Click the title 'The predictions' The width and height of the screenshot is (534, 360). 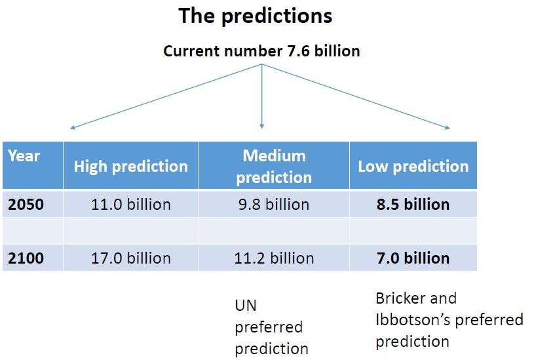tap(255, 16)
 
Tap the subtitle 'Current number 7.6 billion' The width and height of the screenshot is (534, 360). tap(261, 51)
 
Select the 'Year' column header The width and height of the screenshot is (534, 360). tap(24, 156)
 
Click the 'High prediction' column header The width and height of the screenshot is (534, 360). tap(131, 167)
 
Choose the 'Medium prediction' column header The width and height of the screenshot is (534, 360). tap(274, 167)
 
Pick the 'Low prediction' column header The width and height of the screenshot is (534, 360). tap(413, 167)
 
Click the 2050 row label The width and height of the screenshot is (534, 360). tap(26, 205)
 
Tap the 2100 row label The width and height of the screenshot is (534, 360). tap(26, 258)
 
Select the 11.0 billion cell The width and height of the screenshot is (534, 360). tap(131, 205)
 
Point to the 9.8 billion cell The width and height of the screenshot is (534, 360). tap(274, 205)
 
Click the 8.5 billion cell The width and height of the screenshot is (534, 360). tap(413, 205)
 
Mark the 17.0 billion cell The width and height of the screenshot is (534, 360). tap(131, 258)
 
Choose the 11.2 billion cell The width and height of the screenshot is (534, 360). tap(274, 258)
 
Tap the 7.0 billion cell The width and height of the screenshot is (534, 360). tap(413, 258)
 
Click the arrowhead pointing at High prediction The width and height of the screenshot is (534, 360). tap(72, 128)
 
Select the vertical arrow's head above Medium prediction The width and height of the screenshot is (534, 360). tap(261, 127)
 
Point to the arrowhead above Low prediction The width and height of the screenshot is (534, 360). tap(448, 128)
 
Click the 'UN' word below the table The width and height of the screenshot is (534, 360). tap(246, 306)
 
